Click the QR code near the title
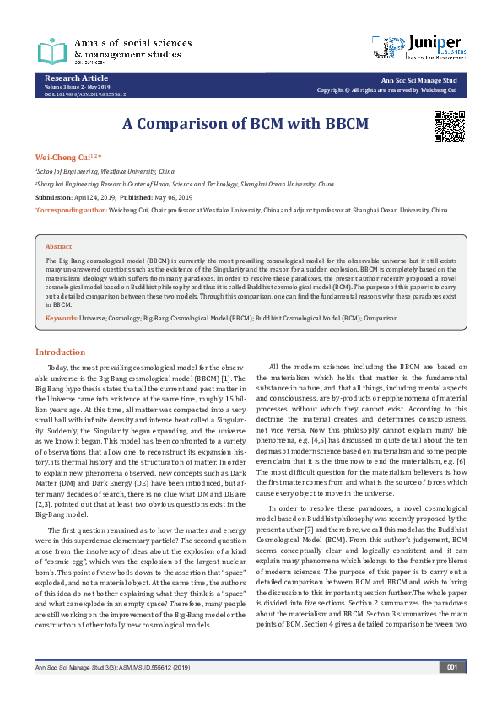(450, 126)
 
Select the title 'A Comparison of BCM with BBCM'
(246, 123)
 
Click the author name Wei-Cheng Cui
(60, 158)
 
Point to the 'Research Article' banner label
(71, 78)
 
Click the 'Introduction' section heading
(60, 352)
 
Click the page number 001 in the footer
(452, 690)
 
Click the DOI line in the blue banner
(84, 94)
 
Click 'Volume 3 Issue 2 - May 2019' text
(78, 86)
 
